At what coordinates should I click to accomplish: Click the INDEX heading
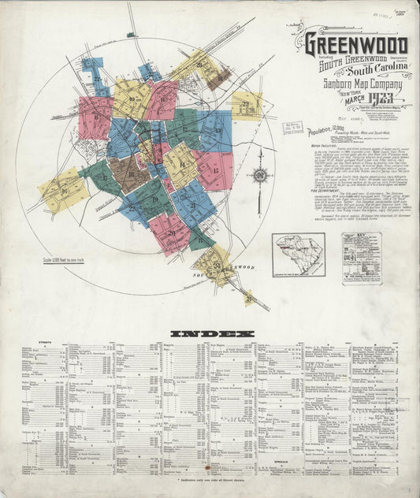(210, 333)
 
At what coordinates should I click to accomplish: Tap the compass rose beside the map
(259, 177)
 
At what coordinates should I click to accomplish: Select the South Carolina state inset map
(298, 255)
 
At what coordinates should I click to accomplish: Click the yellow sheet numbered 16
(63, 191)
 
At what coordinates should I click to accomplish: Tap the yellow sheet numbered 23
(246, 103)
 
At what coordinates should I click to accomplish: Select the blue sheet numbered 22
(96, 79)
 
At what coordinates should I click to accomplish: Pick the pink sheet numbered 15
(214, 170)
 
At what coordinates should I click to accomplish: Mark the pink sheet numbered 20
(172, 232)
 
